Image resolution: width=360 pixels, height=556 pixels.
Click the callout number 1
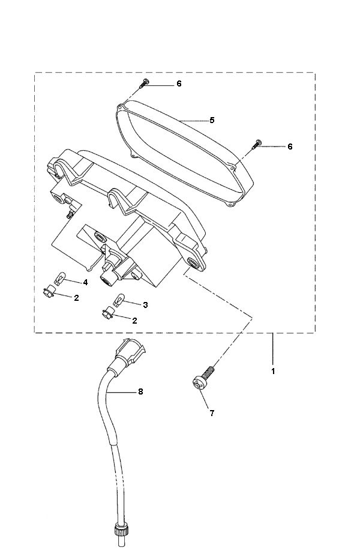pos(273,372)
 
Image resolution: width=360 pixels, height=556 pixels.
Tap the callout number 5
pos(212,120)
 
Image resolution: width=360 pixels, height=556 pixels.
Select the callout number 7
pos(211,413)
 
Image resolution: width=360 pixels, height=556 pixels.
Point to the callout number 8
pos(140,391)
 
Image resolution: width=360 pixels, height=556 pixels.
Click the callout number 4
pos(85,282)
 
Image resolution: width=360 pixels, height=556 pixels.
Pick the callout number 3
pos(145,304)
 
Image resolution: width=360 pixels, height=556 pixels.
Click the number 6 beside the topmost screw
pos(178,83)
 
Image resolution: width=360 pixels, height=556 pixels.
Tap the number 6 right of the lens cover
pos(290,147)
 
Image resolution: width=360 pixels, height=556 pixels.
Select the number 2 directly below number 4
pos(76,298)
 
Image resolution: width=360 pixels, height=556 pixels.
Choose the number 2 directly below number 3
pos(134,320)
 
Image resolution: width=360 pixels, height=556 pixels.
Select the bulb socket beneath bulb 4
pos(50,292)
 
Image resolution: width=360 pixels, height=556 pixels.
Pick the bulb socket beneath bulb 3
pos(107,313)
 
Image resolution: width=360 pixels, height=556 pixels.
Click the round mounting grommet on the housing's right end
pos(194,262)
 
